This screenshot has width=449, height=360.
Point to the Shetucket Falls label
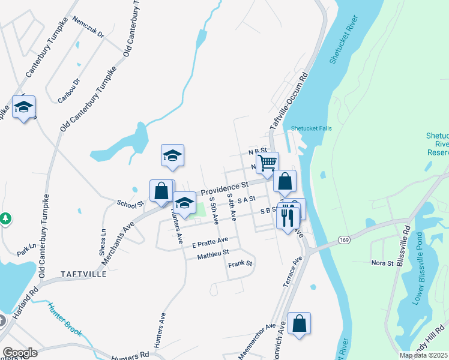tap(311, 128)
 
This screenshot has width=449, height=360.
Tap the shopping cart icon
tap(267, 161)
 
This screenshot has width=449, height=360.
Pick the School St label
tap(127, 204)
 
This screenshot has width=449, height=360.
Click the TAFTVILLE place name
tap(83, 274)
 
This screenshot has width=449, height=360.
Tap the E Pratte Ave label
tap(210, 243)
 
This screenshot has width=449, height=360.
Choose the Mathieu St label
tap(213, 255)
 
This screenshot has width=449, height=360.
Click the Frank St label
tap(241, 264)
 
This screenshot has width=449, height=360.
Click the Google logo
tap(20, 353)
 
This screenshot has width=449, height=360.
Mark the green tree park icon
tap(6, 218)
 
